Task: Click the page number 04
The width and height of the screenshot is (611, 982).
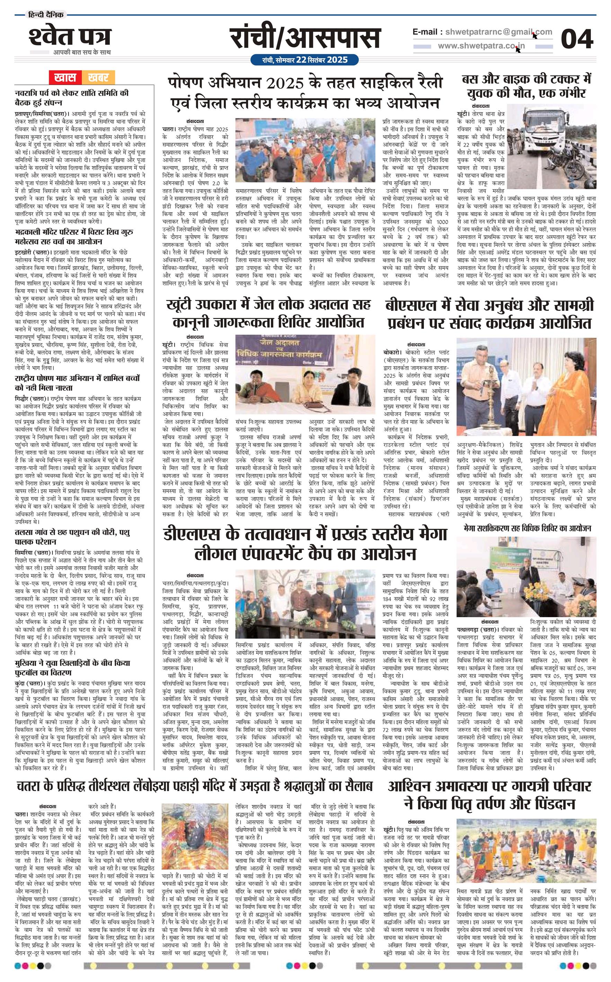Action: point(577,39)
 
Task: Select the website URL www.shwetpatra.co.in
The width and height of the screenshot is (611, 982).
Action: point(481,46)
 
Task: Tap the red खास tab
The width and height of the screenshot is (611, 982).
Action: point(65,77)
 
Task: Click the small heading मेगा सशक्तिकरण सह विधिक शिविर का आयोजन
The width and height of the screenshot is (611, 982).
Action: point(527,528)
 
